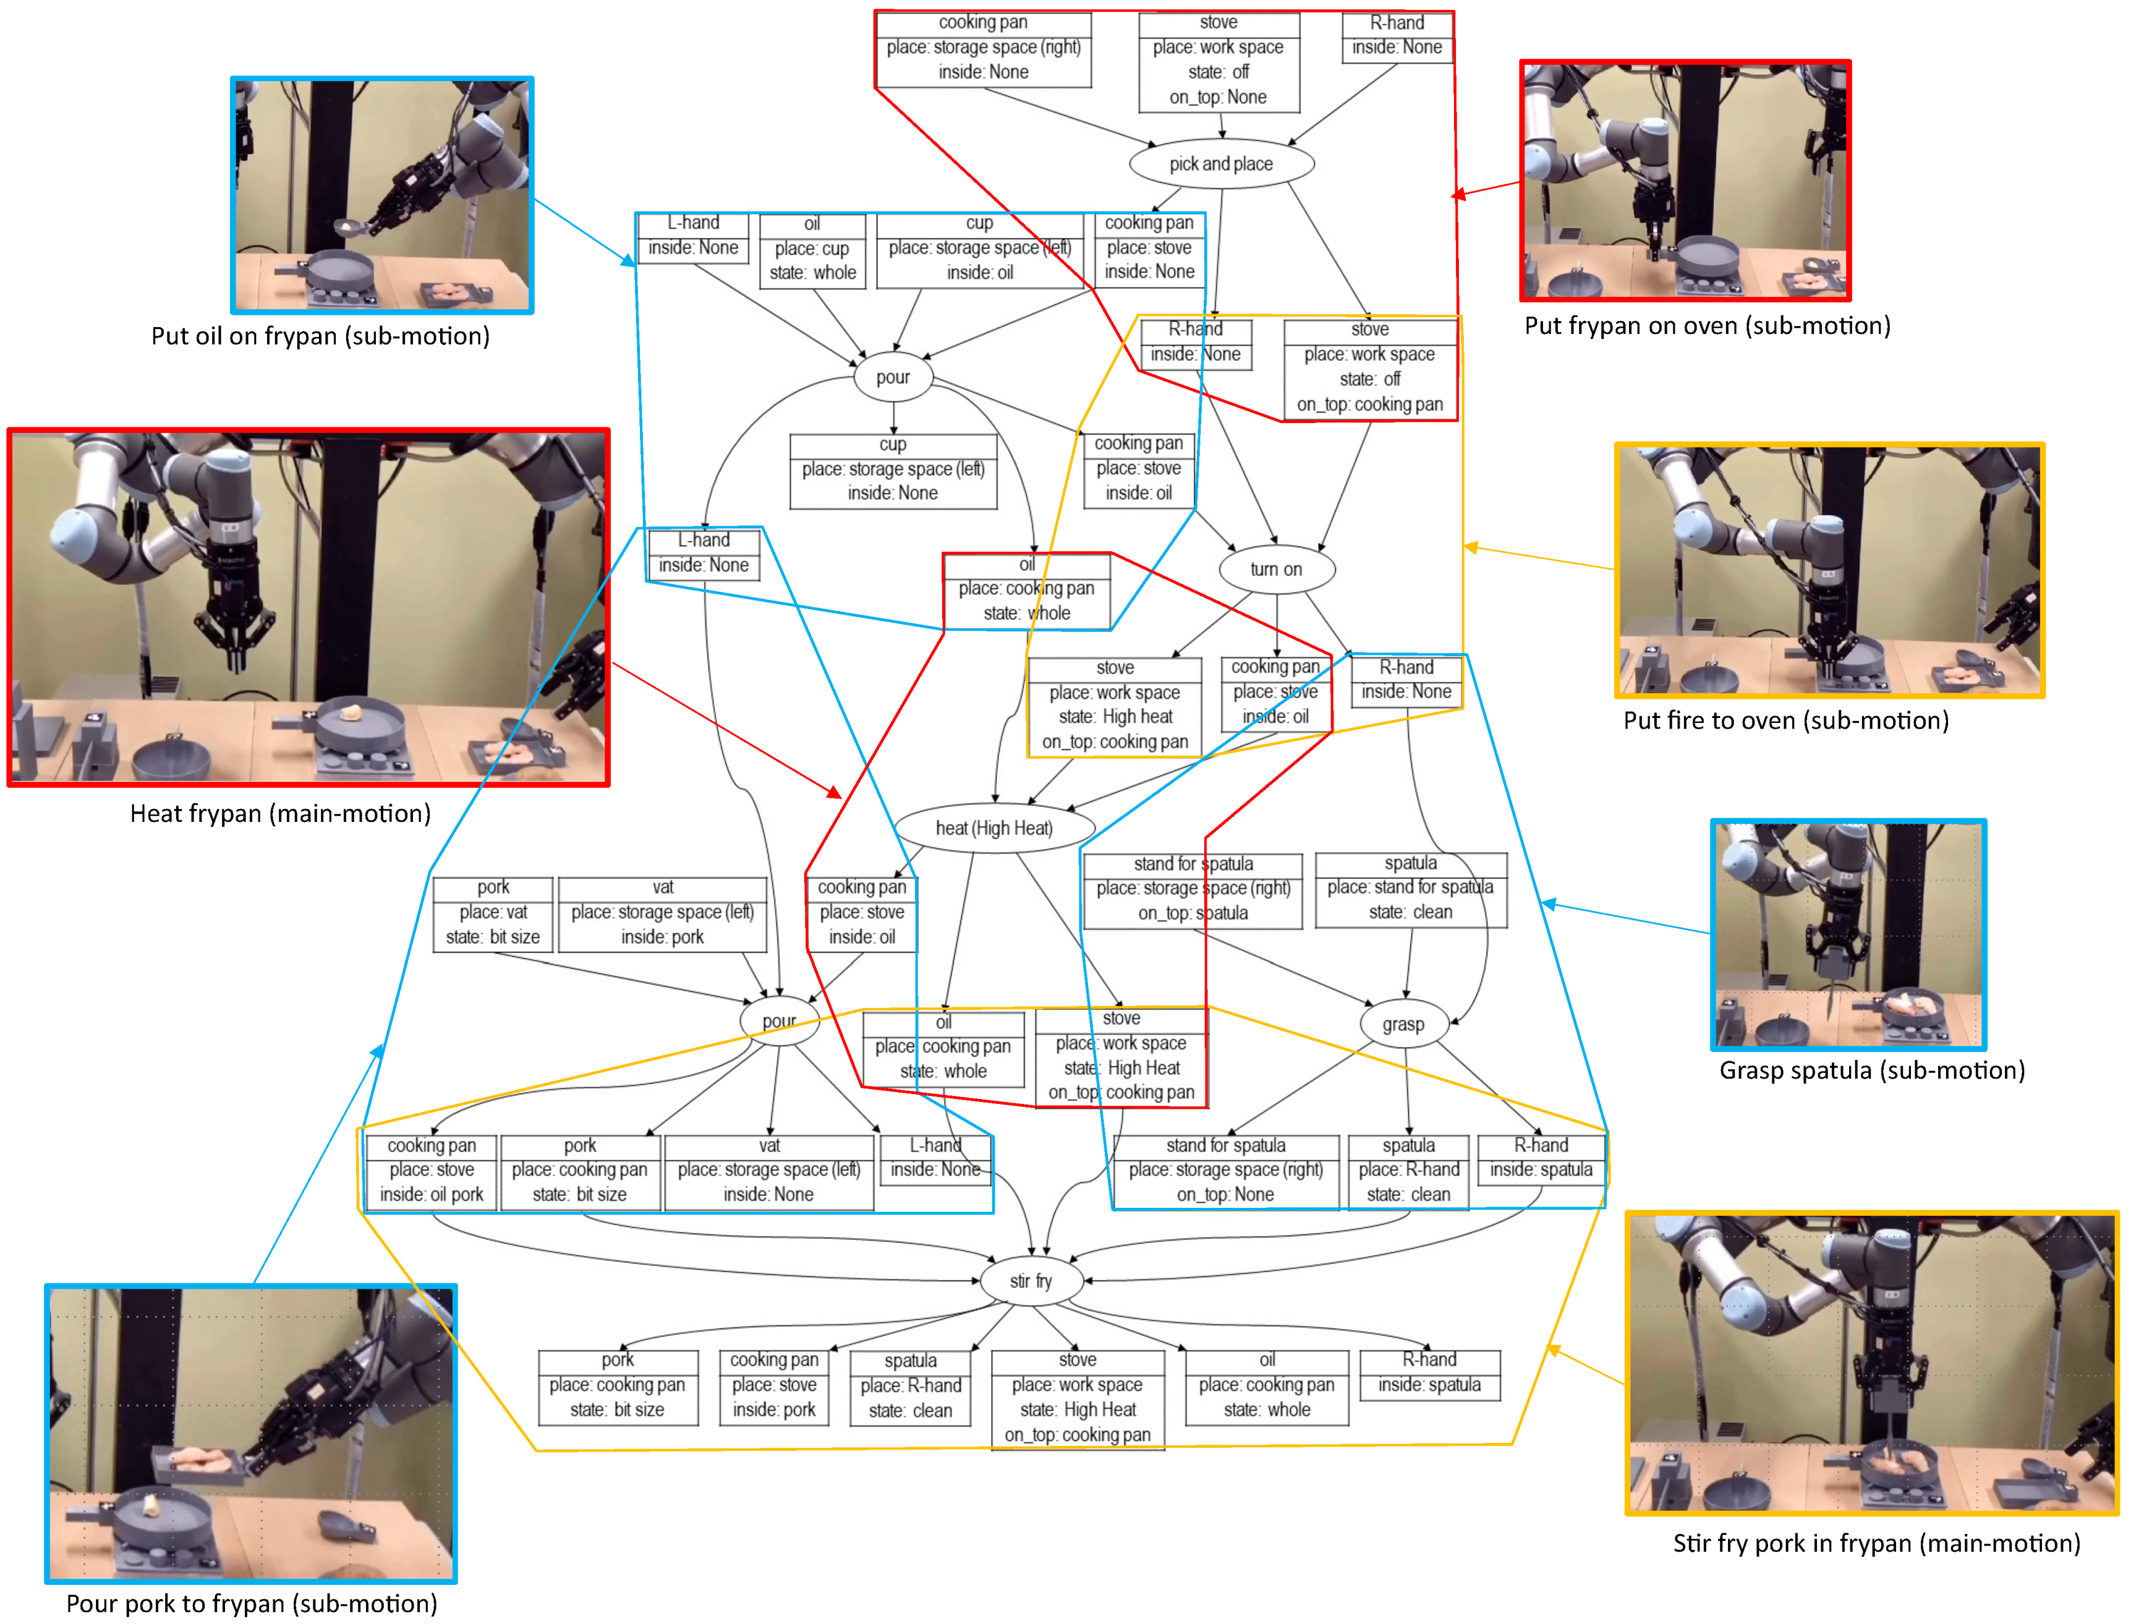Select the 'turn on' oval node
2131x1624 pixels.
click(x=1276, y=570)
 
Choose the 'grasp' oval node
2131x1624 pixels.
click(x=1403, y=1025)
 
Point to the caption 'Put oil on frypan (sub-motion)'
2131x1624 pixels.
click(x=320, y=336)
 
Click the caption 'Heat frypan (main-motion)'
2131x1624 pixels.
click(x=280, y=814)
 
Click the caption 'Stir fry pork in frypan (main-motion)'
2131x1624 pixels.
click(x=1876, y=1543)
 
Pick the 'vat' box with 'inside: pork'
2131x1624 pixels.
click(x=662, y=913)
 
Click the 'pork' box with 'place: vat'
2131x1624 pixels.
click(x=493, y=913)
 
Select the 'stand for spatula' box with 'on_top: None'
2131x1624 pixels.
click(x=1225, y=1171)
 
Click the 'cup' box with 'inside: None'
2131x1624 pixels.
click(x=893, y=470)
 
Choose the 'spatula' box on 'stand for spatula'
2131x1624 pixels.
click(x=1410, y=888)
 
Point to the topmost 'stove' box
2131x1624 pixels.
click(x=1219, y=60)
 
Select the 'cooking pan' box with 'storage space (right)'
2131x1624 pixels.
click(x=983, y=48)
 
